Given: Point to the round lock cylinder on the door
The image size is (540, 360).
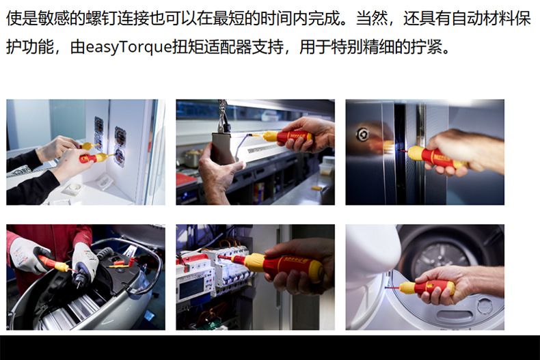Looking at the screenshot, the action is tap(362, 135).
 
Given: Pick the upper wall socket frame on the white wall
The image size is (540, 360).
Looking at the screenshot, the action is tap(99, 130).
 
